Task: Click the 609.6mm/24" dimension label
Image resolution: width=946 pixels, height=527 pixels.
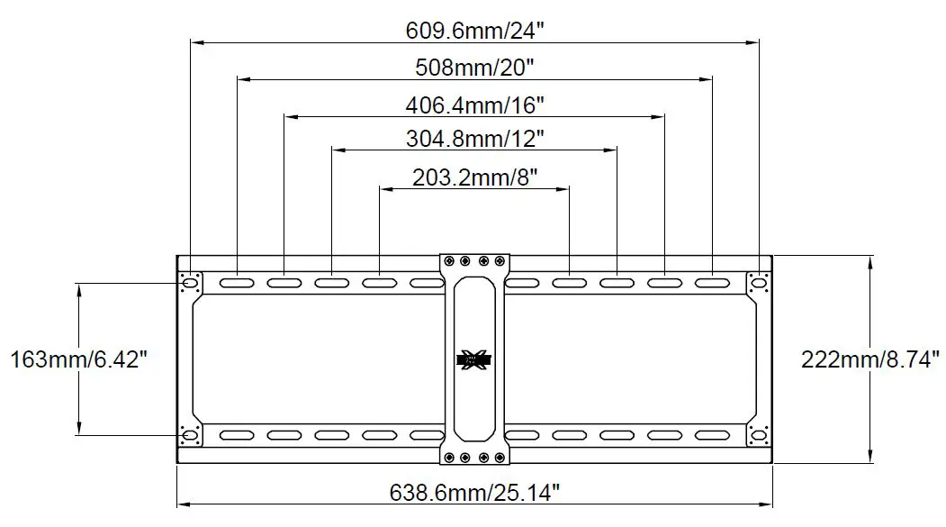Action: coord(474,29)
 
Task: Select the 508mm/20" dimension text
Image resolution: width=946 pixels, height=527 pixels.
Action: coord(474,67)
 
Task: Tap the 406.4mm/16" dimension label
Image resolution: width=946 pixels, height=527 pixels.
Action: coord(474,104)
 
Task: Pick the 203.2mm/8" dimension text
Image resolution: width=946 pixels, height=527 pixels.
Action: coord(474,177)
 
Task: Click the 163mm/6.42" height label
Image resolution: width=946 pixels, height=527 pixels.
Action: coord(78,359)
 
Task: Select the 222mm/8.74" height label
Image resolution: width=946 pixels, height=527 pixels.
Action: coord(870,359)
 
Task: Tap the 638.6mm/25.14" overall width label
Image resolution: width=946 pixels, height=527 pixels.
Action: coord(475,492)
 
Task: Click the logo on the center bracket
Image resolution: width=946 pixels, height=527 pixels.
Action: coord(474,360)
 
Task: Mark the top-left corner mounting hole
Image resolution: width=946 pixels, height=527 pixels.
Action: coord(190,283)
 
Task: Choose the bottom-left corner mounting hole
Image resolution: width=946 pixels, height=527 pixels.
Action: coord(190,436)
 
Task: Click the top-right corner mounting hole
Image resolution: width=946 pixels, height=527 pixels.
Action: coord(759,283)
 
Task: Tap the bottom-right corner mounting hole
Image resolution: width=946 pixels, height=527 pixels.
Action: coord(759,436)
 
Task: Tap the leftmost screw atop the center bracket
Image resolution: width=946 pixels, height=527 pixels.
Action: coord(447,262)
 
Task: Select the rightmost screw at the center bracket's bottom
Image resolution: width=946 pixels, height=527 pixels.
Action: coord(501,457)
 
